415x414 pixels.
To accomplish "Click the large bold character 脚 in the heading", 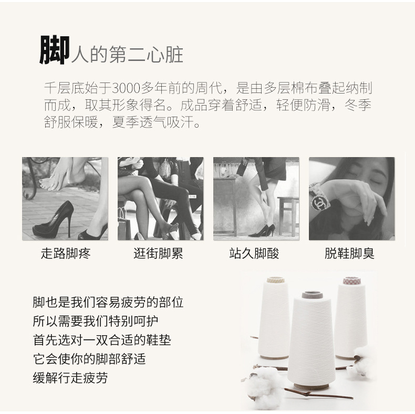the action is pos(55,50).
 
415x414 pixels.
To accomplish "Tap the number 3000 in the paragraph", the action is pos(126,88).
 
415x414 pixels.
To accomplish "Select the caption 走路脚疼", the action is pos(66,253).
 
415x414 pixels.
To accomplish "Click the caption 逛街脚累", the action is pos(158,253).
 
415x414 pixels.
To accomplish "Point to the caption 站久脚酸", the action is pos(254,253).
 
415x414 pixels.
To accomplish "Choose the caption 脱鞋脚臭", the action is pos(350,253).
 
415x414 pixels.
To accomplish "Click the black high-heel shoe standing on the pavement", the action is pos(54,220).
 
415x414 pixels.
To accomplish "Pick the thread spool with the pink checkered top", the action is pos(351,318).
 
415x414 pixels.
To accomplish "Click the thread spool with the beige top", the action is pos(274,318).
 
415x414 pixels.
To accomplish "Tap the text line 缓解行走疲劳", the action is pos(70,378).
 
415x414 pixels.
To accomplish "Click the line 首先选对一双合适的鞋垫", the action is pos(102,340).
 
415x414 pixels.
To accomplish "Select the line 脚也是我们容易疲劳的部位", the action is pos(108,302).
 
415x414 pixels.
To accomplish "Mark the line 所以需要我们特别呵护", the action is pos(96,321).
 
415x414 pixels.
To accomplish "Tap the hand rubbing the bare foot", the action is pos(59,175).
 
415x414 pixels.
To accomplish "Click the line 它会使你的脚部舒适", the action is pos(89,359).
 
